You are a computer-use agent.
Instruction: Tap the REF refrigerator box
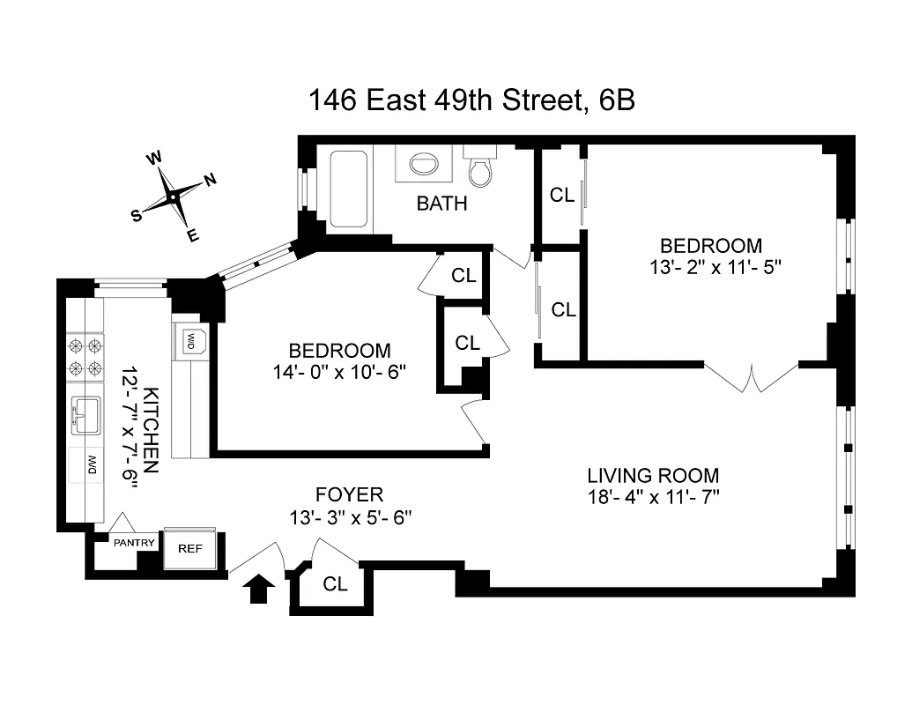[190, 547]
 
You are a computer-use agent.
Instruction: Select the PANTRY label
[134, 543]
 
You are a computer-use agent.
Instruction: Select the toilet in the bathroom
[480, 167]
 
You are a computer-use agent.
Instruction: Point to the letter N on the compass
[211, 180]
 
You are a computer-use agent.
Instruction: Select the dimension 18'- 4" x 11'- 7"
[654, 497]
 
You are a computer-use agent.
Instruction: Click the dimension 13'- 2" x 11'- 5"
[711, 268]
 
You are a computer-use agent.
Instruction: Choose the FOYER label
[349, 494]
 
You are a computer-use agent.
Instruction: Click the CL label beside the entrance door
[335, 583]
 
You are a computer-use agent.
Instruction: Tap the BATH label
[441, 204]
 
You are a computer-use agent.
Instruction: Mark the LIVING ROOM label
[654, 474]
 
